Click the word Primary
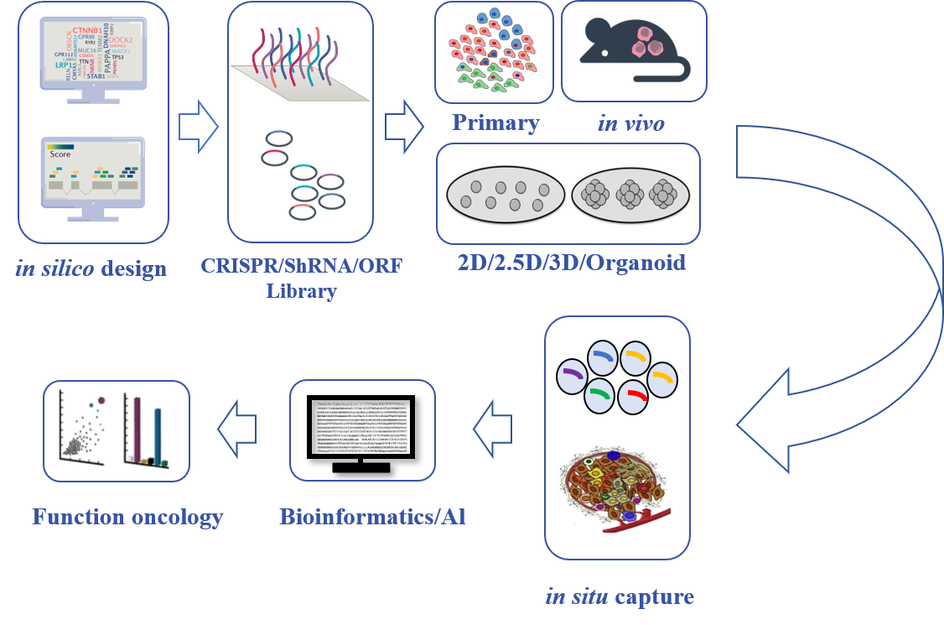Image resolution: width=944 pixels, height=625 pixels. [495, 123]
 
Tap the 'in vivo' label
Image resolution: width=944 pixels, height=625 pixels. [630, 123]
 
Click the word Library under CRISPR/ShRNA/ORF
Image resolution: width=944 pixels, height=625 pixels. [301, 292]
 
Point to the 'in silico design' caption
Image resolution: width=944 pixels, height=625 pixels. [91, 269]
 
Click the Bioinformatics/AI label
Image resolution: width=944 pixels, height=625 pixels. [372, 516]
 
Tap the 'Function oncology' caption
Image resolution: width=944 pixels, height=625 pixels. [127, 516]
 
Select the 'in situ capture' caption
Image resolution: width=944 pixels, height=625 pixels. [620, 597]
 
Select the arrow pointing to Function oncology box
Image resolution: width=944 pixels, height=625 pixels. [236, 430]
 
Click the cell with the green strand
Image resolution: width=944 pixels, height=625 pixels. [601, 394]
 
